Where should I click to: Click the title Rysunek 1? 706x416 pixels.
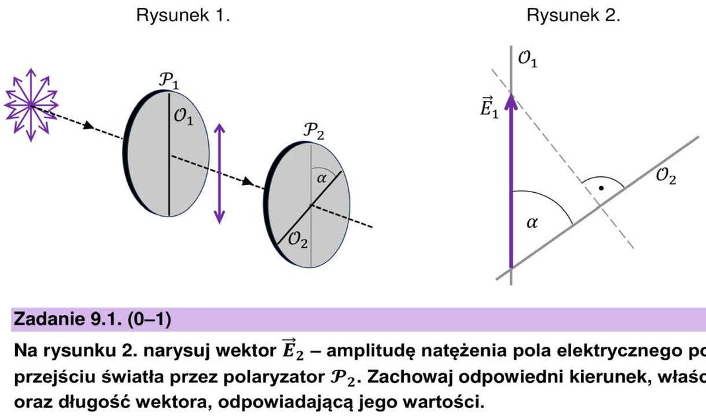183,16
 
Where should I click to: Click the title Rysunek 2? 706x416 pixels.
573,16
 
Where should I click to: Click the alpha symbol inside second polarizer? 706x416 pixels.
322,178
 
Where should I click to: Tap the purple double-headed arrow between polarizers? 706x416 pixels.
219,174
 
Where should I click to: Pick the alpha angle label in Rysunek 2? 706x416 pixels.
532,223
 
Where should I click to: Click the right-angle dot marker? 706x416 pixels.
600,188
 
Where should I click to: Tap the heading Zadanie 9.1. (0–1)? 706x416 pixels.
92,321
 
